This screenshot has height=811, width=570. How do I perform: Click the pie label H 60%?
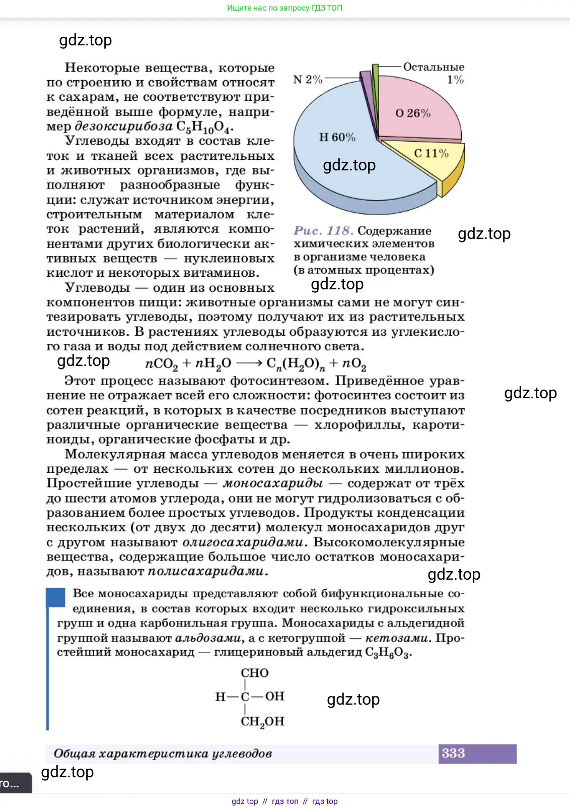coord(337,137)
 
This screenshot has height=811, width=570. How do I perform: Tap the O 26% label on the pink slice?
coord(413,113)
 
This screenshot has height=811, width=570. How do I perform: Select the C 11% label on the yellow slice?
coord(431,153)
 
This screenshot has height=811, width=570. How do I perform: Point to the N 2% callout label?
coord(308,80)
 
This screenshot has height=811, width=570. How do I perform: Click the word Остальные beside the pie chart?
coord(434,67)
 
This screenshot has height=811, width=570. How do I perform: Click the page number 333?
coord(453,753)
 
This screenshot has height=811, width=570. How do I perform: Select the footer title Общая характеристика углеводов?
coord(163,754)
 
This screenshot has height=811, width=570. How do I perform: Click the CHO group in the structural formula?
coord(255,673)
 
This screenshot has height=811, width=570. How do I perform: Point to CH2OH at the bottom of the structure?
coord(262,722)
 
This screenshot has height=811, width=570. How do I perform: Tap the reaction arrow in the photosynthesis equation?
coord(249,363)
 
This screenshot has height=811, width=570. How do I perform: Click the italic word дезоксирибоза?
coord(123,126)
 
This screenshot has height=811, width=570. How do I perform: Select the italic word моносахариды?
coord(273,483)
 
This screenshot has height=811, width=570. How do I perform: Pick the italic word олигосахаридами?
coord(243,542)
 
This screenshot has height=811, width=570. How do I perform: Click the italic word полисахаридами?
coord(205,572)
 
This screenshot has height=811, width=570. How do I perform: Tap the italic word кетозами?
coord(397,638)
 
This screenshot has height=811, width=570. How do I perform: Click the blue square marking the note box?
coord(56,597)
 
